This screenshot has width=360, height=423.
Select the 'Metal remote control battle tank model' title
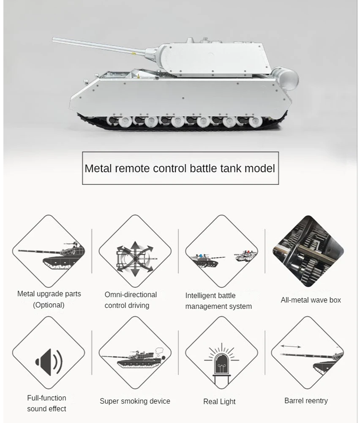click(180, 168)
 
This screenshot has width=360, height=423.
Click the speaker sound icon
click(49, 363)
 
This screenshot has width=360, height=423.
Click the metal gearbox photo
click(308, 251)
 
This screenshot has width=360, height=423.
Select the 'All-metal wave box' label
click(311, 300)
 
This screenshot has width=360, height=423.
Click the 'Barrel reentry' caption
click(306, 401)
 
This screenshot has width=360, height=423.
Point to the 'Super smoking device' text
click(135, 401)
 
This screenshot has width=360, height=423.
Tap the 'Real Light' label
click(219, 401)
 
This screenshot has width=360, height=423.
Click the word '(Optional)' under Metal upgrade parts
click(49, 305)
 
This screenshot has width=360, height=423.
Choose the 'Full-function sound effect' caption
click(46, 403)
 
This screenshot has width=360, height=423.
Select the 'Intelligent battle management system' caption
click(218, 301)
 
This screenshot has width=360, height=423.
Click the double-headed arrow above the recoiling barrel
click(291, 346)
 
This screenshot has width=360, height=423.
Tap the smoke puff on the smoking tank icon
click(159, 351)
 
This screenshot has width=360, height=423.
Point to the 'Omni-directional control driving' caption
click(131, 300)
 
